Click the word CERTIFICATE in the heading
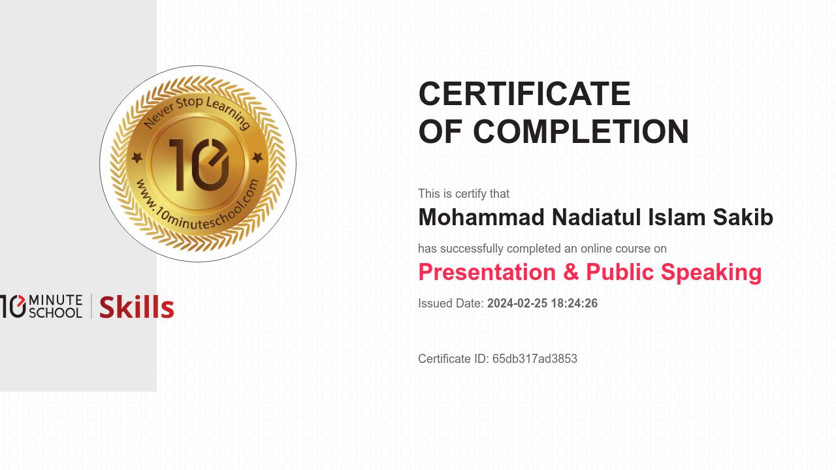[524, 94]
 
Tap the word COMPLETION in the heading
[581, 132]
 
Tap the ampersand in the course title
[571, 272]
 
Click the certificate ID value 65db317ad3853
[535, 359]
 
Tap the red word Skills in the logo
[137, 307]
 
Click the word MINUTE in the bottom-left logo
[56, 300]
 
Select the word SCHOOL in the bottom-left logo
[56, 313]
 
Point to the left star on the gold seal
[137, 157]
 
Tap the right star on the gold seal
[258, 157]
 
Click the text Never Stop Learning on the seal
[197, 111]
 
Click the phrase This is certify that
[464, 194]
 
